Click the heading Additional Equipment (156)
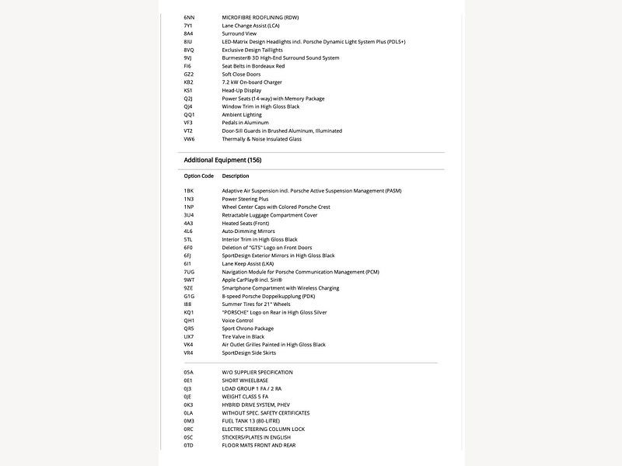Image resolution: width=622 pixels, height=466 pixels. (x=222, y=160)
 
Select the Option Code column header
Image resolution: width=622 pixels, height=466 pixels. (x=198, y=176)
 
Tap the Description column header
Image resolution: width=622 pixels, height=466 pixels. (x=236, y=176)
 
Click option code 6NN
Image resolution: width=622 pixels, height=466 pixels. (x=189, y=17)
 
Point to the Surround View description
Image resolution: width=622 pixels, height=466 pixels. (x=239, y=33)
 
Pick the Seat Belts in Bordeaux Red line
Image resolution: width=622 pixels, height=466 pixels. (x=253, y=66)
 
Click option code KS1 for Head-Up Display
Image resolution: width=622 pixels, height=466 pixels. (x=188, y=90)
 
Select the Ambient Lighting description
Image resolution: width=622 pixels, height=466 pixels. (x=242, y=115)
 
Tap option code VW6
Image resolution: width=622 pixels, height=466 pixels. (x=189, y=139)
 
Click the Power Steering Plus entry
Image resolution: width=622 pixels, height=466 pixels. (x=245, y=199)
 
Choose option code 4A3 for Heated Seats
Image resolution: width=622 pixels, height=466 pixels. (x=188, y=223)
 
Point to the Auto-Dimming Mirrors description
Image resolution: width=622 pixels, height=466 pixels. (x=248, y=231)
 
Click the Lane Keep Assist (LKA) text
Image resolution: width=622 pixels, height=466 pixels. (x=248, y=263)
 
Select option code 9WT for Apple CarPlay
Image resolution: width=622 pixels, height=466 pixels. (x=189, y=280)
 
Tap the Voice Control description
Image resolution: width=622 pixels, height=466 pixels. (x=237, y=320)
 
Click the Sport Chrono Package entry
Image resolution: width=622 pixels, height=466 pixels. (x=248, y=329)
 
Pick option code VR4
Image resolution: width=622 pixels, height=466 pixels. (x=188, y=353)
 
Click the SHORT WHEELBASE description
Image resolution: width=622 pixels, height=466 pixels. (x=245, y=381)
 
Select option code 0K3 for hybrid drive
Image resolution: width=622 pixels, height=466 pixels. (x=188, y=405)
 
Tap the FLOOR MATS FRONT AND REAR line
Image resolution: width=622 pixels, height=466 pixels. (x=258, y=445)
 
